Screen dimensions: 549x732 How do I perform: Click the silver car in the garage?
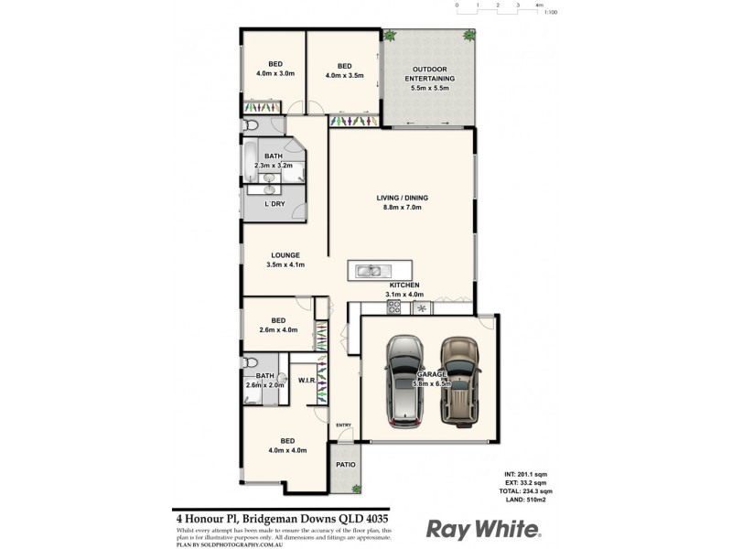[404, 381]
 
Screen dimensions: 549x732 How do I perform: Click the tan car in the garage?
[459, 381]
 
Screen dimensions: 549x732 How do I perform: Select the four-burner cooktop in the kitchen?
[394, 307]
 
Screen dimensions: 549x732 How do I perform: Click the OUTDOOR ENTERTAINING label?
[430, 74]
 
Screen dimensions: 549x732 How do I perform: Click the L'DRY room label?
[274, 204]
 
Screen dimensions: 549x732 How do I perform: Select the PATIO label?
[346, 465]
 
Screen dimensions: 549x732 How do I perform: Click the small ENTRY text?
[344, 425]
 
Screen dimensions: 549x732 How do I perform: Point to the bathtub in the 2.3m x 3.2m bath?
[250, 160]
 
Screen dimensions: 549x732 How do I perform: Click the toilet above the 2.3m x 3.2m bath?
[252, 125]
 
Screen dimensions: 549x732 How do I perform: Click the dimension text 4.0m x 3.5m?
[345, 76]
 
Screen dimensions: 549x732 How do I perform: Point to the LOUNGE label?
[285, 254]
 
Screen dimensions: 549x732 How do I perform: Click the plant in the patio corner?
[358, 489]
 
